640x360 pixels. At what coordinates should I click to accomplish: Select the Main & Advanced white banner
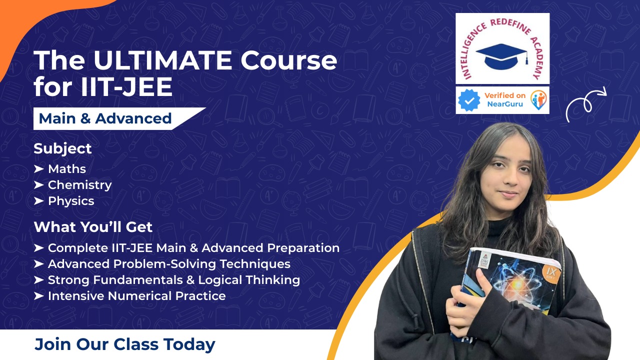click(105, 118)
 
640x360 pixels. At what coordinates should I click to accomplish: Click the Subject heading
click(62, 148)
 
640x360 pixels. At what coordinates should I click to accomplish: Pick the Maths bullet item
click(66, 169)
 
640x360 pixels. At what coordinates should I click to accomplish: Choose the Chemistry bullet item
click(79, 185)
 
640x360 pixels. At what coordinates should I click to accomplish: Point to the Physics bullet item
click(70, 201)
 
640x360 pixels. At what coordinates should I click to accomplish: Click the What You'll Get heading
click(93, 227)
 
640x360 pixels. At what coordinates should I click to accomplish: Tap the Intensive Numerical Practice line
click(136, 296)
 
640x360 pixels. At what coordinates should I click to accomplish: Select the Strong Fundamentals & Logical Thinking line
click(173, 280)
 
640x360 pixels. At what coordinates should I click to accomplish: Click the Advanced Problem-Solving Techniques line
click(169, 264)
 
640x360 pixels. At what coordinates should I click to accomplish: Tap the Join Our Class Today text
click(124, 344)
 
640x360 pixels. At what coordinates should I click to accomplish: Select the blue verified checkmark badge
click(469, 100)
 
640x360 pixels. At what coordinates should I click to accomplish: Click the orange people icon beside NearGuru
click(538, 100)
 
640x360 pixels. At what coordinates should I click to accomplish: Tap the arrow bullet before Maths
click(39, 169)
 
